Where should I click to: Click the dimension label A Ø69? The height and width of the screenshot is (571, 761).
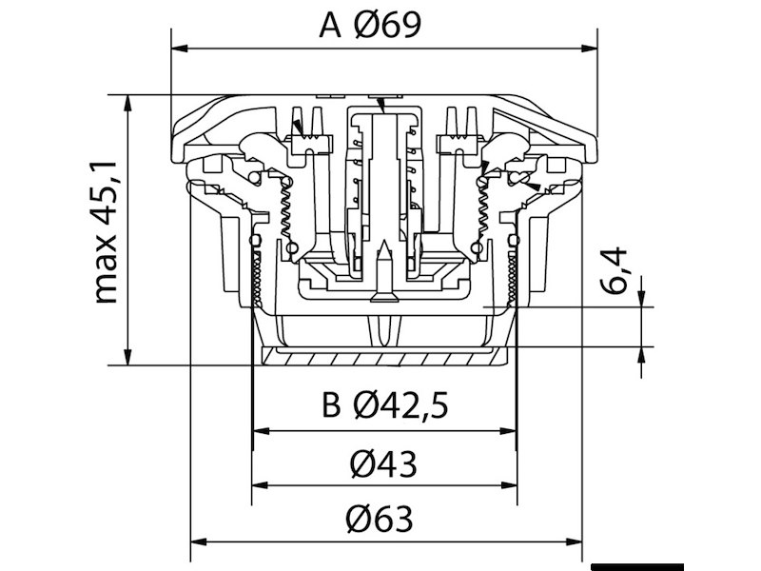coord(370,26)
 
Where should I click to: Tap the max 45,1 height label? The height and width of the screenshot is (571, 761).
coord(105,232)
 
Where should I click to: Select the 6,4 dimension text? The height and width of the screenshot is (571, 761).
coord(613,270)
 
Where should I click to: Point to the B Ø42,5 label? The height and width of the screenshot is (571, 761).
coord(385,405)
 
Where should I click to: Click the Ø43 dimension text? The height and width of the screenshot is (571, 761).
coord(383,464)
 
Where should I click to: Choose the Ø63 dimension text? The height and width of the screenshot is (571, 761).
coord(380,519)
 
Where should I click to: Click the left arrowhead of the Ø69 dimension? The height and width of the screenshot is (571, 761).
coord(180,49)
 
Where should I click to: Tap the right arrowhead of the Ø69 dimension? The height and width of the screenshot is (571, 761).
coord(589,49)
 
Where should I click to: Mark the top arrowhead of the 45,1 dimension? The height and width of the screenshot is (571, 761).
coord(127,103)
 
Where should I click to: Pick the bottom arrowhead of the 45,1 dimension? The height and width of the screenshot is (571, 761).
coord(127,357)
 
